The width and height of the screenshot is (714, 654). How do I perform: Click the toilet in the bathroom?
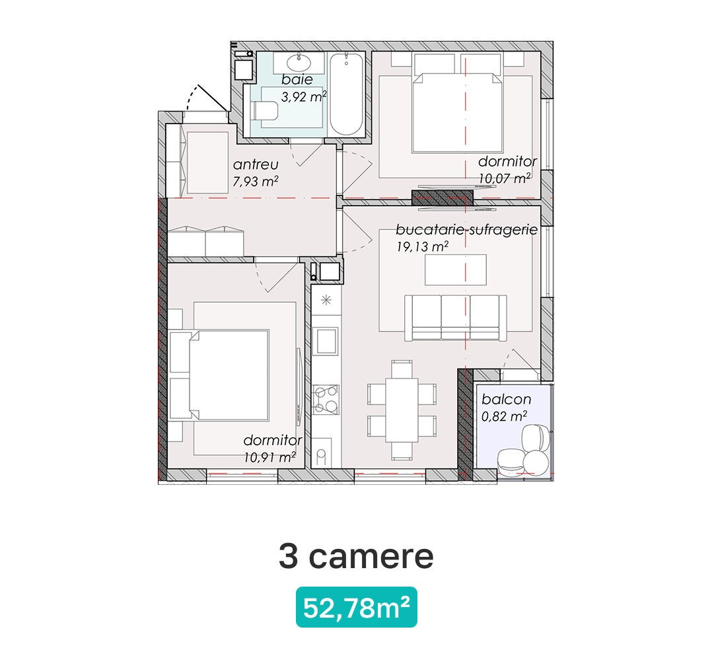click(266, 111)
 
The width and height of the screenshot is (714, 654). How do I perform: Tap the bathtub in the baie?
click(347, 94)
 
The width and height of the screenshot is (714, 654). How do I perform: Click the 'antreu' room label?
click(256, 164)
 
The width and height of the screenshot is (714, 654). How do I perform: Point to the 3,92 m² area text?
click(304, 96)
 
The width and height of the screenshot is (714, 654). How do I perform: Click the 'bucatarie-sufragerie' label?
click(467, 229)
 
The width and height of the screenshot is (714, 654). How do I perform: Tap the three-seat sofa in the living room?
click(455, 318)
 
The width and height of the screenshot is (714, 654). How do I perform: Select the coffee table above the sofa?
click(455, 270)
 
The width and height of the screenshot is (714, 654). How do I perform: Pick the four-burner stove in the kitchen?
click(326, 400)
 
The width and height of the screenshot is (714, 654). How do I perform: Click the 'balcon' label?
click(507, 400)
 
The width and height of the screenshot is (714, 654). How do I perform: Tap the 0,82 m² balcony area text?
click(504, 416)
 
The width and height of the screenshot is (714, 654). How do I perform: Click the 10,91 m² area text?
click(269, 456)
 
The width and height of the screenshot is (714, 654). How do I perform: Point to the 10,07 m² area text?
click(504, 178)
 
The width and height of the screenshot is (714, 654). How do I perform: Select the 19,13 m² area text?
click(423, 246)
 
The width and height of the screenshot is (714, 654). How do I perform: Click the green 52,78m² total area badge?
click(357, 607)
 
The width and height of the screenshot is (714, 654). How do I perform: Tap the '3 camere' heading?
click(356, 556)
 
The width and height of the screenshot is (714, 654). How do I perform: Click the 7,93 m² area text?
click(256, 181)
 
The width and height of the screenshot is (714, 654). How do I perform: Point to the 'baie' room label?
click(297, 80)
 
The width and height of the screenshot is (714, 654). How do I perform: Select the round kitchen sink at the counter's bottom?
click(322, 454)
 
